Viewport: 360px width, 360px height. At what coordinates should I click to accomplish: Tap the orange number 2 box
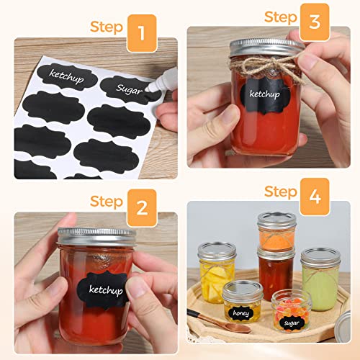point(142,208)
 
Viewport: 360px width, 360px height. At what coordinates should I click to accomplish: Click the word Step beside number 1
point(106,27)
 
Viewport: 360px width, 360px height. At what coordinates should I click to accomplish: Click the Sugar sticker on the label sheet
point(125,89)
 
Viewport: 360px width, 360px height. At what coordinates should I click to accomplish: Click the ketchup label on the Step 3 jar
point(264,94)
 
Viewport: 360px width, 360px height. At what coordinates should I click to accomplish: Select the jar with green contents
point(319,279)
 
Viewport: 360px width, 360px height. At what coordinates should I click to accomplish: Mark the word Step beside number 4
point(281,191)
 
